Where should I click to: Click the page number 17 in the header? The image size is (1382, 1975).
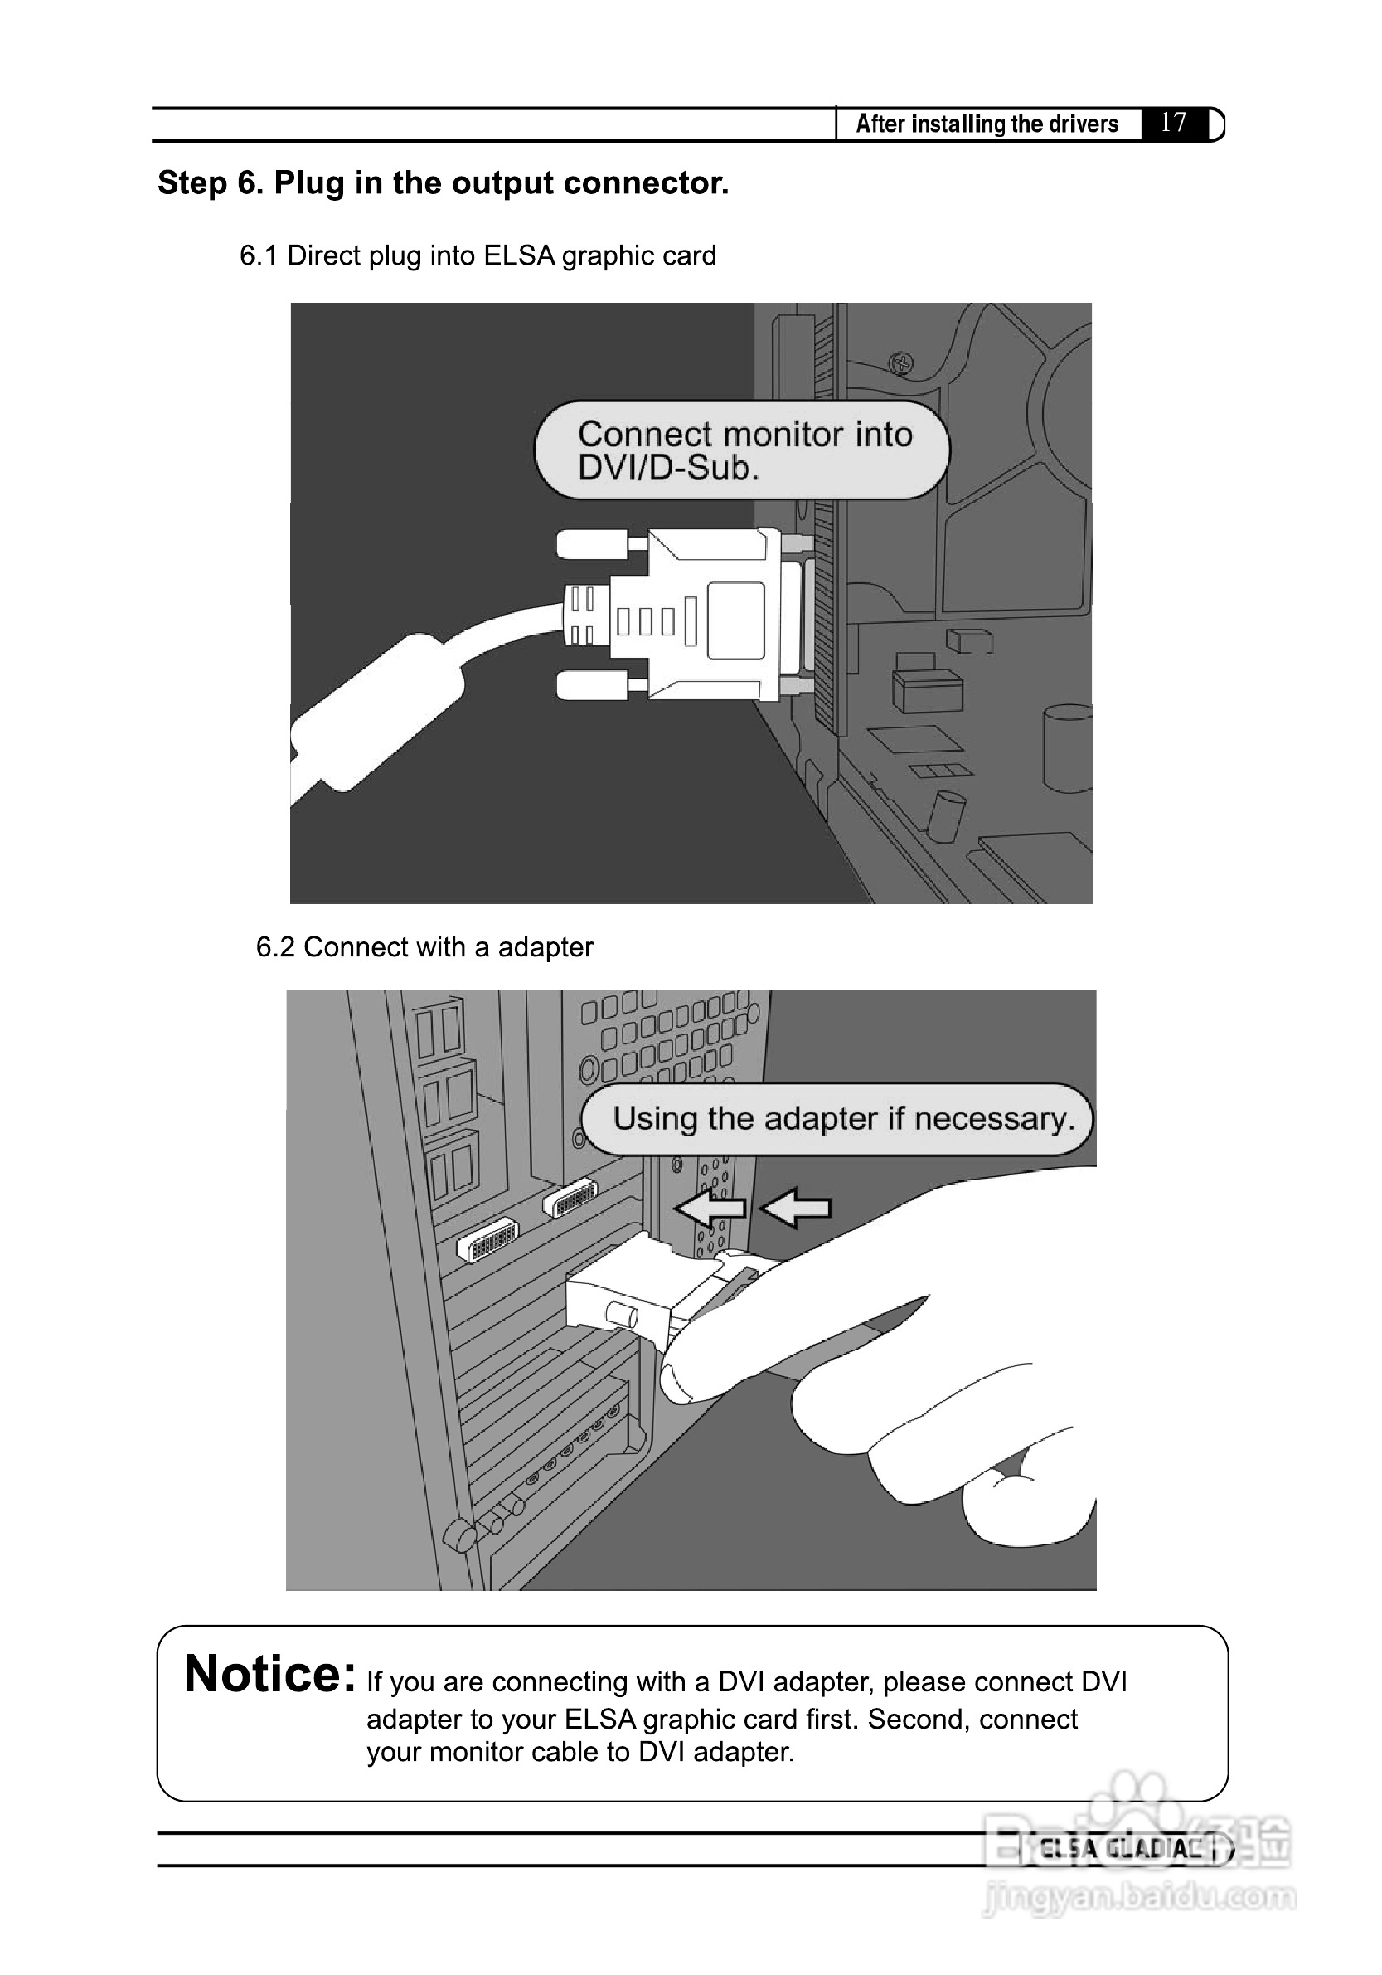[x=1173, y=122]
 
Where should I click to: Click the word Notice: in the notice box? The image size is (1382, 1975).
[x=270, y=1674]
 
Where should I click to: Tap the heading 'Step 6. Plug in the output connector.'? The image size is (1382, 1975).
[x=443, y=183]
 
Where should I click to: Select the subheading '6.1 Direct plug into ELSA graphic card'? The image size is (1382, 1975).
[x=478, y=255]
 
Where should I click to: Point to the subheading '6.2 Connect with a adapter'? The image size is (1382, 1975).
[x=424, y=947]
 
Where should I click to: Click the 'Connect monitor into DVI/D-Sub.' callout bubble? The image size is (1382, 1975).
[x=742, y=450]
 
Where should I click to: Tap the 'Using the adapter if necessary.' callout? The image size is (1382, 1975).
[x=837, y=1118]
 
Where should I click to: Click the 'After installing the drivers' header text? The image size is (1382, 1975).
[x=987, y=124]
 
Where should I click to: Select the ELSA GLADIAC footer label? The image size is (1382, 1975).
[x=1120, y=1848]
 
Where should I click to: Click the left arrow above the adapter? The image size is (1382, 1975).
[x=710, y=1208]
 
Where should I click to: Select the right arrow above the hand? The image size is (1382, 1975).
[x=796, y=1208]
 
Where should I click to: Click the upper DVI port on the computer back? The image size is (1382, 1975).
[x=570, y=1196]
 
